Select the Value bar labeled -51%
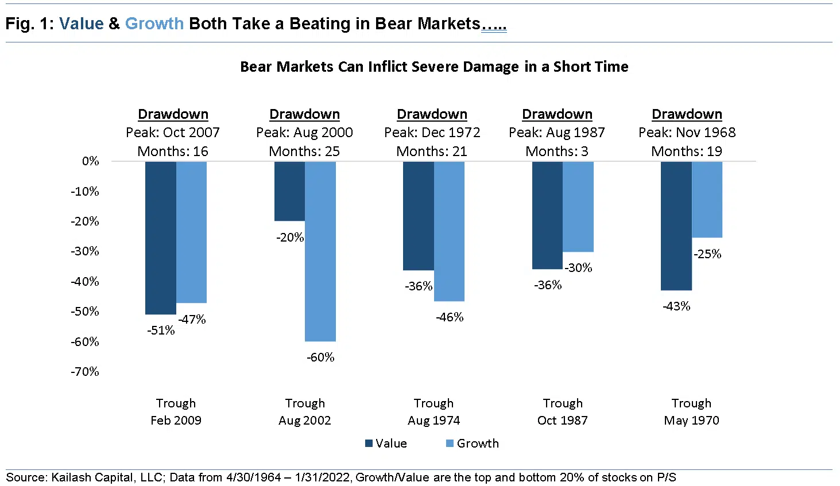pyautogui.click(x=160, y=238)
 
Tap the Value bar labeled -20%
pyautogui.click(x=289, y=191)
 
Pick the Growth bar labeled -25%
pyautogui.click(x=707, y=199)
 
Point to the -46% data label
pyautogui.click(x=450, y=317)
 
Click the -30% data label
pyautogui.click(x=578, y=268)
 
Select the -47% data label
pyautogui.click(x=192, y=320)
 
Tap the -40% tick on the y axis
pyautogui.click(x=85, y=282)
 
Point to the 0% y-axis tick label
pyautogui.click(x=90, y=161)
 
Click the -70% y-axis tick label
pyautogui.click(x=85, y=372)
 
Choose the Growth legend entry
pyautogui.click(x=473, y=444)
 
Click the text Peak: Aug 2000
pyautogui.click(x=304, y=133)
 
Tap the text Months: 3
pyautogui.click(x=556, y=151)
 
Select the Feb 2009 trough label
pyautogui.click(x=176, y=421)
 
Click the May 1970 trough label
pyautogui.click(x=691, y=421)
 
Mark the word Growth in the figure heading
pyautogui.click(x=154, y=24)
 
